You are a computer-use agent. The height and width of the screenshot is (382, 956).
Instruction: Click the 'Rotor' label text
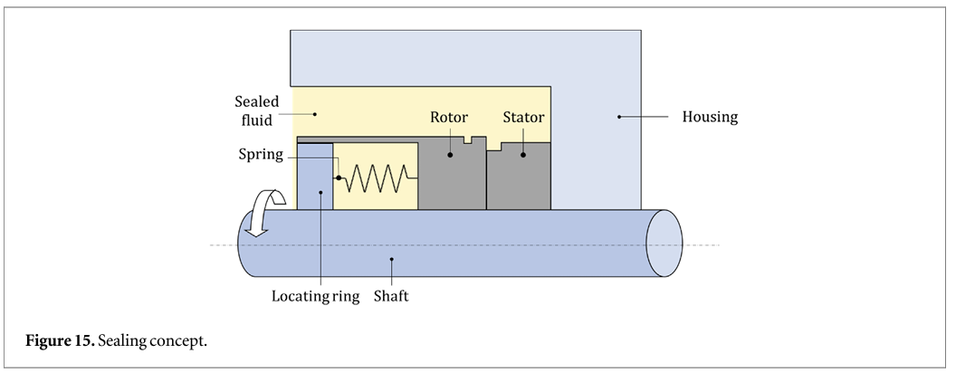(449, 119)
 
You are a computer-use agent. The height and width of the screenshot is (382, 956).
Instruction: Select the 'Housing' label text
(710, 116)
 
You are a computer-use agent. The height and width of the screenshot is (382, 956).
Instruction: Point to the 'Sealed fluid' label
(257, 110)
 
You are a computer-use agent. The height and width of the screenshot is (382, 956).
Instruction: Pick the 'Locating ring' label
(315, 295)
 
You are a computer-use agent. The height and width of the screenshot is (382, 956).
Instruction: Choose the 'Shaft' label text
(392, 295)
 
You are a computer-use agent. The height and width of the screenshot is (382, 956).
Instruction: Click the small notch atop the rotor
(467, 140)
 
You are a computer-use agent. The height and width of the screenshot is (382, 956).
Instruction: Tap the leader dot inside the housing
(619, 116)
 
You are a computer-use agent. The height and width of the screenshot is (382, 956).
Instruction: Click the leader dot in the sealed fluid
(315, 113)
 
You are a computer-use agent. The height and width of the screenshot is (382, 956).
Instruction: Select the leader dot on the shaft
(392, 261)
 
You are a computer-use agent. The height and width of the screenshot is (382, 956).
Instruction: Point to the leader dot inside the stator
(523, 155)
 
